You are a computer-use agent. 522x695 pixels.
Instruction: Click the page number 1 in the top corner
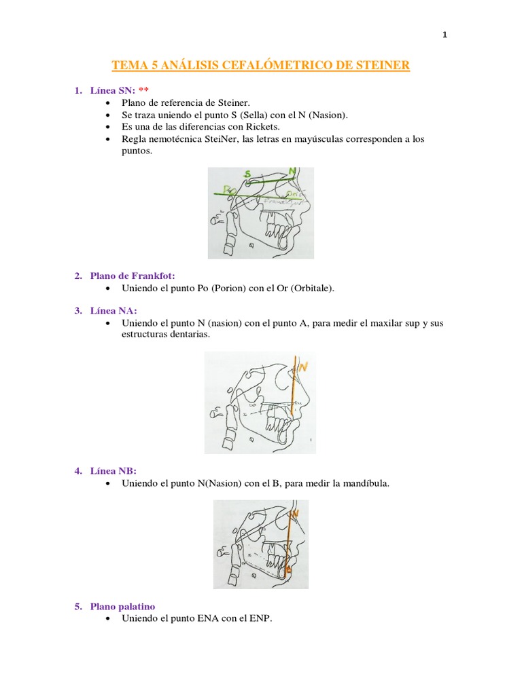tap(445, 35)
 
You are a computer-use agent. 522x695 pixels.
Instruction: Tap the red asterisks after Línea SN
tap(143, 90)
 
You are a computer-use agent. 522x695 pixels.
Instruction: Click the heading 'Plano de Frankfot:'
tap(133, 276)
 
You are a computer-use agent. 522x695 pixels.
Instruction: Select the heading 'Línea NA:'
tap(114, 310)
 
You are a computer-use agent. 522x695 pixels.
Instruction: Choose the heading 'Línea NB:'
tap(114, 470)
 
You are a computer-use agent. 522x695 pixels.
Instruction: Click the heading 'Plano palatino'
tap(124, 606)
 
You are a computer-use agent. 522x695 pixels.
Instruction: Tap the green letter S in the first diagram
tap(247, 174)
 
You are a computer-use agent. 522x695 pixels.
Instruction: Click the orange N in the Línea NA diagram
tap(303, 367)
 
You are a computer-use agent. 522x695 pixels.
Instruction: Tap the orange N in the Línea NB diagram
tap(296, 514)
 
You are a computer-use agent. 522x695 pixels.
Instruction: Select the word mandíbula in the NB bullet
tap(366, 483)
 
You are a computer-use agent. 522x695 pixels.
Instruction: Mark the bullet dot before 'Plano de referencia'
tap(108, 102)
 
